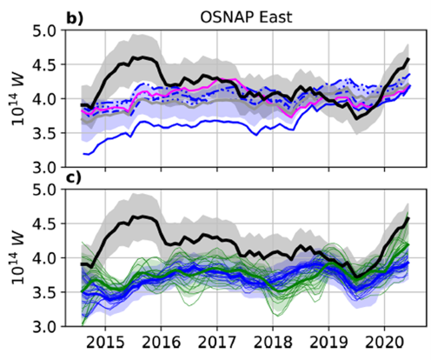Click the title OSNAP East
[x=246, y=17]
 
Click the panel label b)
[x=75, y=18]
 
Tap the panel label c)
[x=74, y=178]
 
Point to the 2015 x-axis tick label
[x=105, y=343]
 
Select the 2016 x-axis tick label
[x=162, y=343]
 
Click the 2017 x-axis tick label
[x=217, y=343]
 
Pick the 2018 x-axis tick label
[x=273, y=343]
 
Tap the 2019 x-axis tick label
[x=328, y=343]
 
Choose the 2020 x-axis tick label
[x=384, y=343]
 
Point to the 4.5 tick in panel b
[x=46, y=65]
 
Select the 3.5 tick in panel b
[x=46, y=133]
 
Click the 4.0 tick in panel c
[x=46, y=258]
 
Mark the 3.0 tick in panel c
[x=46, y=327]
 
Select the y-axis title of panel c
[x=17, y=259]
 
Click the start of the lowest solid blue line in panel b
[x=83, y=154]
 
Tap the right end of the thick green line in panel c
[x=408, y=244]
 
